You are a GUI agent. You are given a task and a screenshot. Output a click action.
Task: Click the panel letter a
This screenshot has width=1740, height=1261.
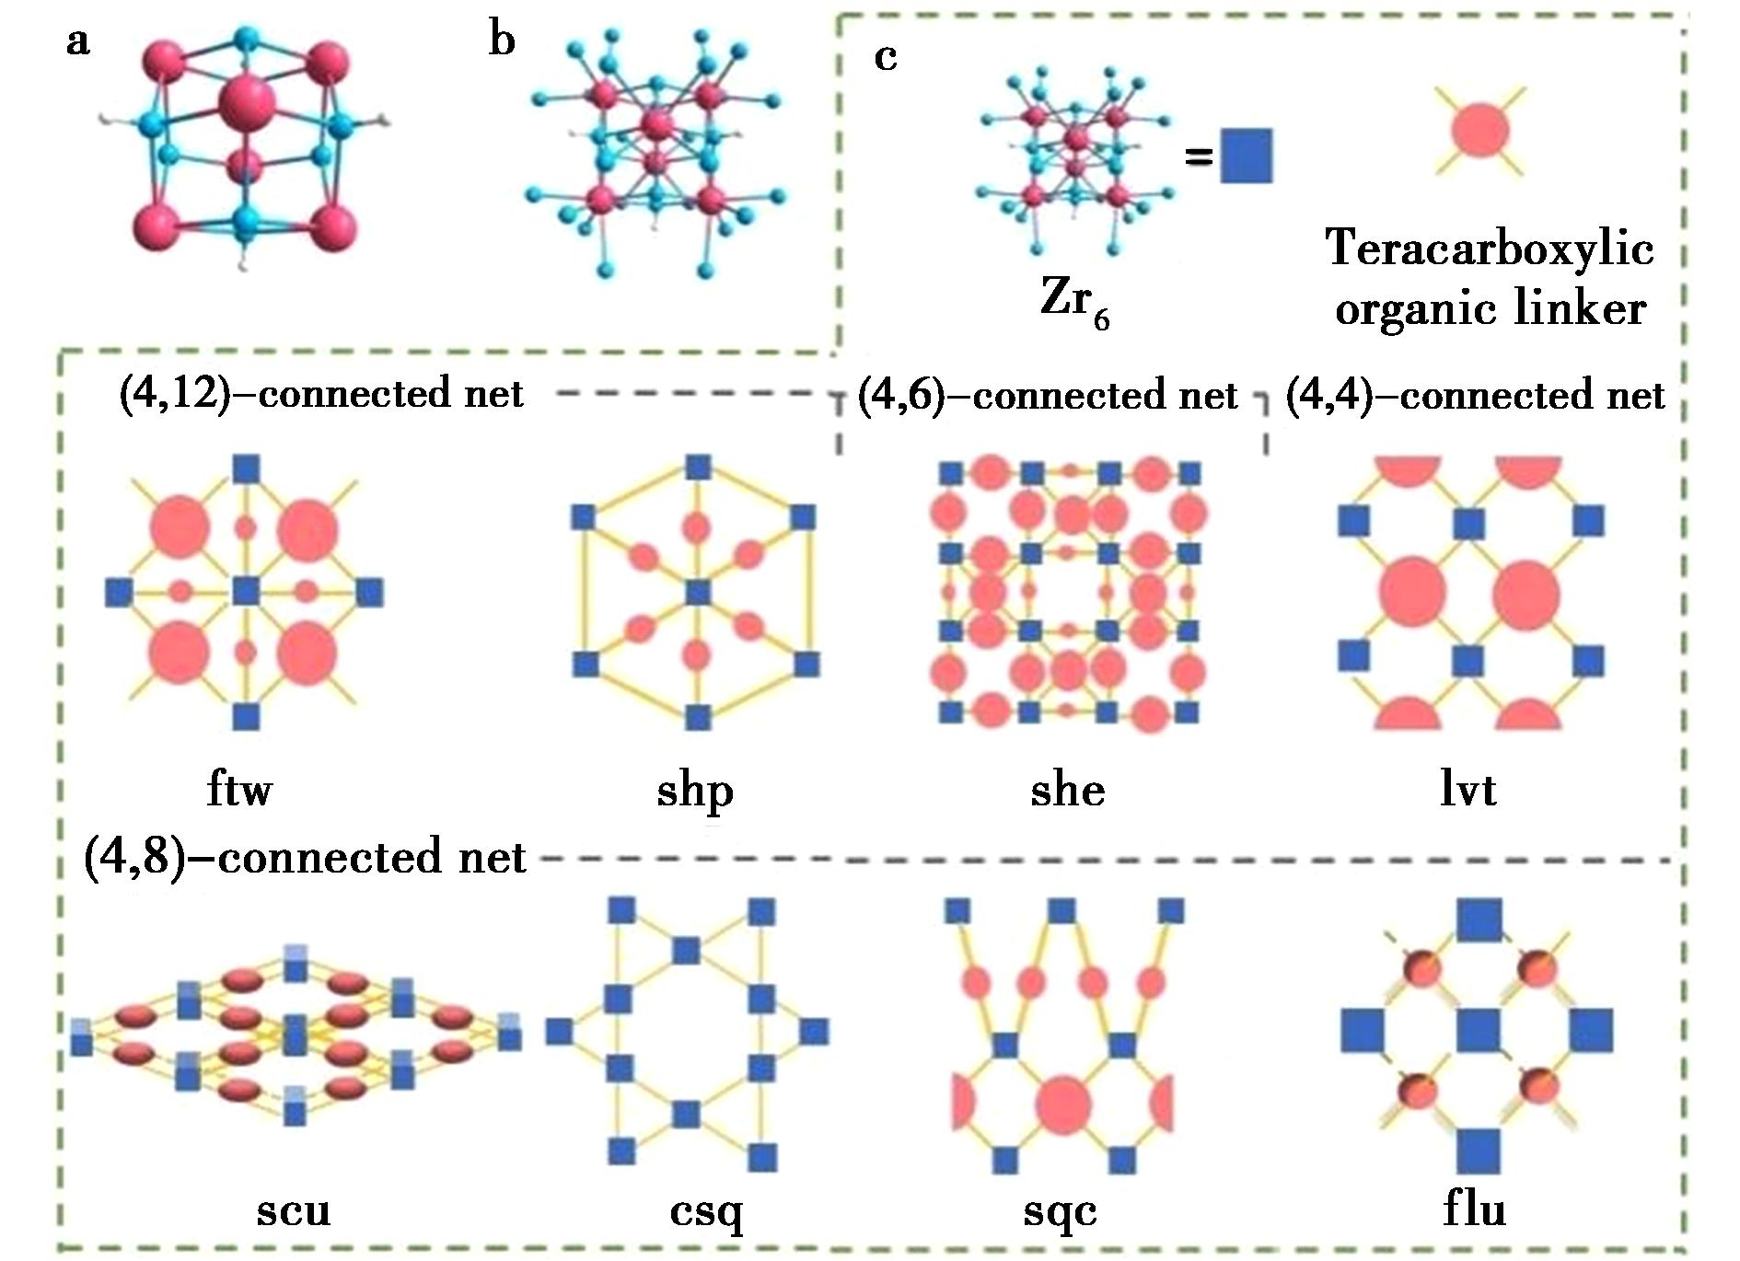pos(78,41)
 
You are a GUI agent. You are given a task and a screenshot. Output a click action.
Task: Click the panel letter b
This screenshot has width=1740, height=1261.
pos(502,40)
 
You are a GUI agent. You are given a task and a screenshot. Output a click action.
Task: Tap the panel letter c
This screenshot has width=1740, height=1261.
pos(885,57)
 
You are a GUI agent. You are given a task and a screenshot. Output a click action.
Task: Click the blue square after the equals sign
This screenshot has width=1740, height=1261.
pos(1247,156)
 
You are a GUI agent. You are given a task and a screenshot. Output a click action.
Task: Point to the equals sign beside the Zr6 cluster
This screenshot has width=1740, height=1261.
pos(1198,157)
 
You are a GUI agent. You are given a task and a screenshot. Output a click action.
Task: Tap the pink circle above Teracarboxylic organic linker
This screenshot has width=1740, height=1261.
pos(1479,130)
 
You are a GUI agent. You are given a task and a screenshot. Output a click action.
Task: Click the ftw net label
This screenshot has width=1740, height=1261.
pos(239,790)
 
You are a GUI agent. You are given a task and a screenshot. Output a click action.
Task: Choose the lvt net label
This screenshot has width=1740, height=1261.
pos(1468,790)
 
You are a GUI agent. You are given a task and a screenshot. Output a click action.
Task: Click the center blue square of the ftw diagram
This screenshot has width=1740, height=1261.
pos(245,590)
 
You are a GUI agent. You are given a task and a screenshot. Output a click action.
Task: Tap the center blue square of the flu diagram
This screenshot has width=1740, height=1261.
pos(1479,1030)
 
